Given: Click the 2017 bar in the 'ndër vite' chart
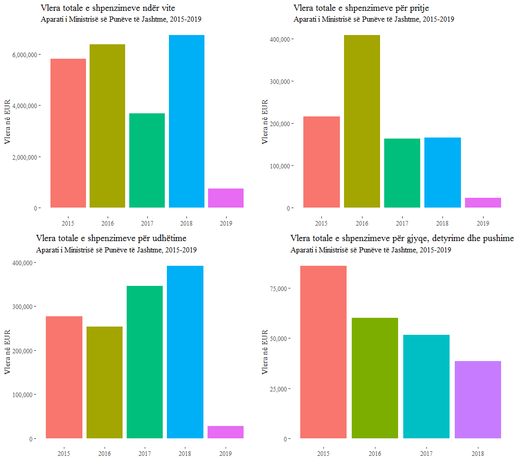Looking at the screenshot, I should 147,160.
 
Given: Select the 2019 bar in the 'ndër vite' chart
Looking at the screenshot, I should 226,198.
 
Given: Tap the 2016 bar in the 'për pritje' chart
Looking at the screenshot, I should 362,121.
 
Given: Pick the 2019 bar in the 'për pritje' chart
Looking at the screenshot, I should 483,202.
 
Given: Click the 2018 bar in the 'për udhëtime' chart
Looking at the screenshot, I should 185,352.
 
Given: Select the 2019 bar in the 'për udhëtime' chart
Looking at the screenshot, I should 226,432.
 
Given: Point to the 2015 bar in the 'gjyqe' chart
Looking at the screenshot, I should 323,352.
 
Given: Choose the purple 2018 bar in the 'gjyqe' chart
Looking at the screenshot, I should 477,400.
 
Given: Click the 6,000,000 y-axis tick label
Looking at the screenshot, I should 24,55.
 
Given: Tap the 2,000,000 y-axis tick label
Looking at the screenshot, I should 24,157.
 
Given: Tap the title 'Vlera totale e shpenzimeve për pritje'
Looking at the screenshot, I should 361,8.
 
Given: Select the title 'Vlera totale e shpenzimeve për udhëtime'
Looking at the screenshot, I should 111,238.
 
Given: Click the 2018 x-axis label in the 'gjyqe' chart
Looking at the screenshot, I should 477,454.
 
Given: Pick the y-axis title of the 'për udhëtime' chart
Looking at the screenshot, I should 8,351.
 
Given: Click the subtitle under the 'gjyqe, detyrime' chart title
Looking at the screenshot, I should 371,250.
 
